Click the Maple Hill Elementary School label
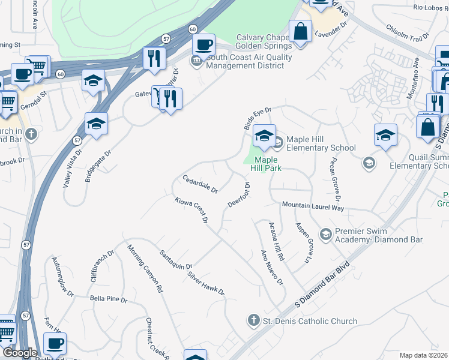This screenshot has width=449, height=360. (321, 144)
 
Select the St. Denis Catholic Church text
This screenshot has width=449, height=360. (310, 322)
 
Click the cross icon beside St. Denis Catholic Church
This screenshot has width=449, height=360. (254, 321)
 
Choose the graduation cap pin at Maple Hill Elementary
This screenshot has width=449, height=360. (264, 136)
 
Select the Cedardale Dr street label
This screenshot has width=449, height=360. (200, 184)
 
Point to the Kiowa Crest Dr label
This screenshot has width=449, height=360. (191, 210)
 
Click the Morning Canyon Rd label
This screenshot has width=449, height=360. (145, 268)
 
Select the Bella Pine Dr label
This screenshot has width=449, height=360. (109, 299)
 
